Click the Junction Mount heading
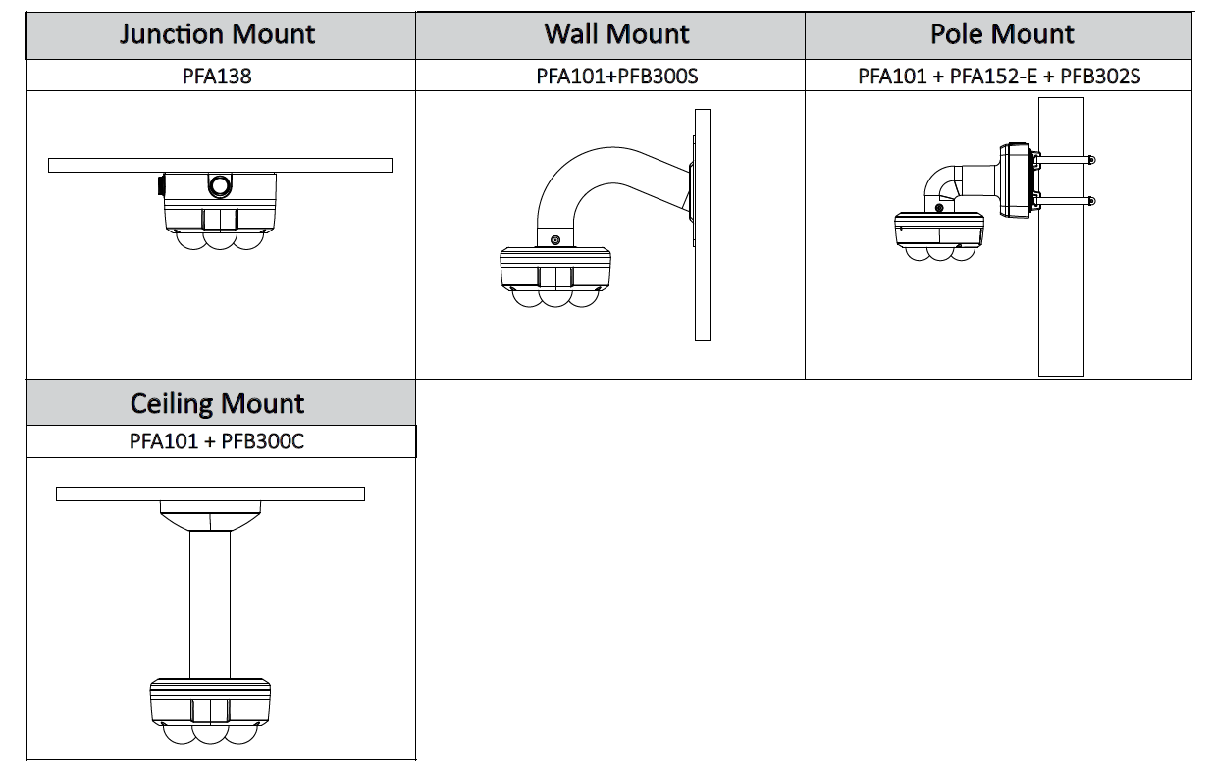click(217, 35)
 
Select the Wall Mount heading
click(616, 35)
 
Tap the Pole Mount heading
click(1001, 35)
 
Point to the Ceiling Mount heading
click(217, 404)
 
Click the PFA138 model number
click(217, 76)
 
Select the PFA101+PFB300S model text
click(616, 76)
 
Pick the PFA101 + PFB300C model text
click(217, 441)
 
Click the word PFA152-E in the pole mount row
click(993, 76)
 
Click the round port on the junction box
click(220, 185)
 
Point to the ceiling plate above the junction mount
click(220, 165)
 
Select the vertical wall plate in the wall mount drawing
click(702, 225)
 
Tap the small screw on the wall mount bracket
click(555, 240)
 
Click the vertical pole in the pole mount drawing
click(1061, 294)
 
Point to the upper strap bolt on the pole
click(1091, 160)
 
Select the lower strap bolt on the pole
click(1091, 201)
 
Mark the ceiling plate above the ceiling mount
click(210, 494)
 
